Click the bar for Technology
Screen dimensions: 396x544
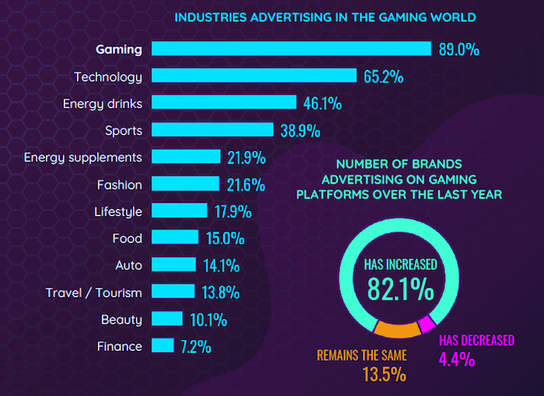253,76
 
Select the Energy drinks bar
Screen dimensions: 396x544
224,103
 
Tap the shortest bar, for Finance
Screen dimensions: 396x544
162,346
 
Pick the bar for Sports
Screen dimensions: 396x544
212,129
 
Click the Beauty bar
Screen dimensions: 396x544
167,319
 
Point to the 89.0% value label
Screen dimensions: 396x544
459,50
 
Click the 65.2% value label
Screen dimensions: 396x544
383,77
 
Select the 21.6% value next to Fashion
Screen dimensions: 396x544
247,185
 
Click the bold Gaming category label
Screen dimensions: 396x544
119,49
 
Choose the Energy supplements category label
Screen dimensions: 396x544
83,157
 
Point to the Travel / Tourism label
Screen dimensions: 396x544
93,293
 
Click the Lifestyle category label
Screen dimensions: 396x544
118,212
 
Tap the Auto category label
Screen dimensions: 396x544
128,265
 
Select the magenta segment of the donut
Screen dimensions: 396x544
425,324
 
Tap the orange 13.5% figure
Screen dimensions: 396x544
384,374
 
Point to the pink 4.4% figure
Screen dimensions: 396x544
457,359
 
